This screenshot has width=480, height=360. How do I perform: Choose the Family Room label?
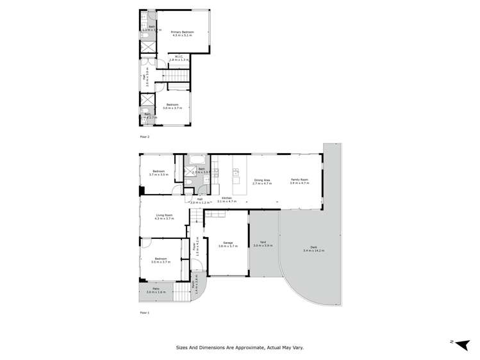299,181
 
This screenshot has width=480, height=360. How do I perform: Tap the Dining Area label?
261,181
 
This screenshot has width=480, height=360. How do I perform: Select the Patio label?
156,290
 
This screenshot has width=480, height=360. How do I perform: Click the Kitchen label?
227,199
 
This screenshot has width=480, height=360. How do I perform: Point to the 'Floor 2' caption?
144,137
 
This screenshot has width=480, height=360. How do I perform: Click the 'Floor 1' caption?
144,312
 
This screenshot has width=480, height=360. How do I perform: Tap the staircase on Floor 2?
180,77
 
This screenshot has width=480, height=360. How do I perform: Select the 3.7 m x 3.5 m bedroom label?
158,172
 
